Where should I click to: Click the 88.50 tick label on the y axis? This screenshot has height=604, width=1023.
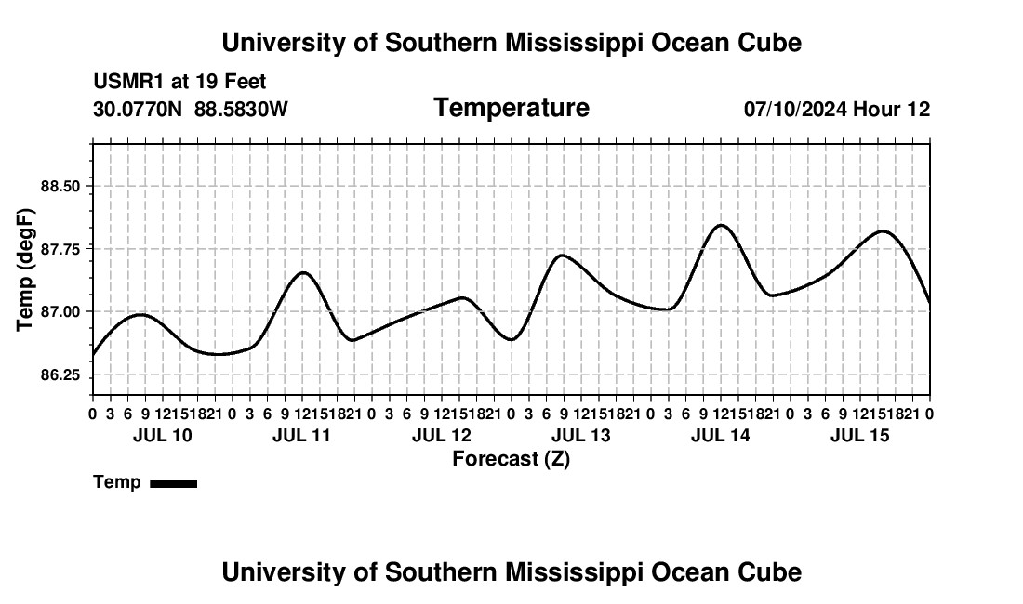click(x=60, y=187)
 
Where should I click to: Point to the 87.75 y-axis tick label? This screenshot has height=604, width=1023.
click(x=60, y=249)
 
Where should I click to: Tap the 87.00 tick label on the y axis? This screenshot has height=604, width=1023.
click(x=60, y=311)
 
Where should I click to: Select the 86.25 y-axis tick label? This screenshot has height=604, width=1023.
click(x=60, y=374)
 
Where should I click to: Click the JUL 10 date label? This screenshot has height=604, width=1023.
click(x=163, y=435)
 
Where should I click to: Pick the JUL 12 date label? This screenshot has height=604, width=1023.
click(x=442, y=435)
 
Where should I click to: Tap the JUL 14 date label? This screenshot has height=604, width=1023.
click(x=720, y=435)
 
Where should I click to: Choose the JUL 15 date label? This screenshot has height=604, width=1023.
click(x=860, y=435)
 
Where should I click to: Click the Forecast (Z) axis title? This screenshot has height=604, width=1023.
click(x=511, y=459)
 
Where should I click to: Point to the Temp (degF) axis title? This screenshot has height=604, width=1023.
click(x=25, y=269)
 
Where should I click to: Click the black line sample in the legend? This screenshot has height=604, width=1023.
click(x=174, y=483)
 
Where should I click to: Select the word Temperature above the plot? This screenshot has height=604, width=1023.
click(x=511, y=108)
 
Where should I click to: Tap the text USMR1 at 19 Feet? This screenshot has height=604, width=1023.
click(x=180, y=82)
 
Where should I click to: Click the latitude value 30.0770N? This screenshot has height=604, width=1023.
click(x=138, y=109)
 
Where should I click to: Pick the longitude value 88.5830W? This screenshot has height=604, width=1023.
click(x=242, y=109)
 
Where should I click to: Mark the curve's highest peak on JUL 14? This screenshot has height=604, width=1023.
click(x=721, y=226)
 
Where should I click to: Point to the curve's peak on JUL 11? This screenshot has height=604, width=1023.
click(x=303, y=272)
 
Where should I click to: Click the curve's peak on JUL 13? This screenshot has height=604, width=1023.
click(x=562, y=255)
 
